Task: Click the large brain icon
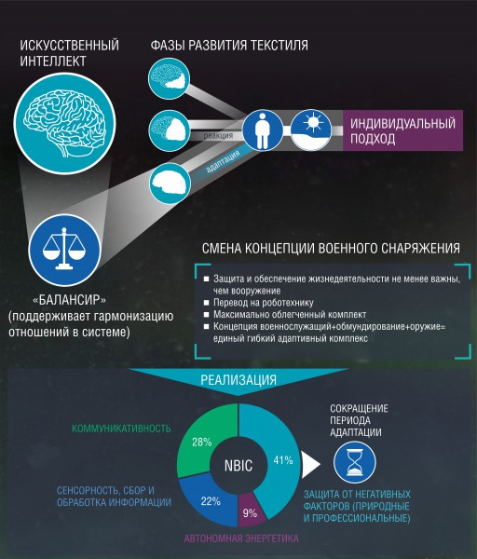64,123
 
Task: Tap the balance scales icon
64,250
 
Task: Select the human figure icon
263,130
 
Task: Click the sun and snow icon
311,130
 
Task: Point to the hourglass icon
355,462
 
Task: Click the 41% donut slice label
283,460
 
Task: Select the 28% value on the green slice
202,443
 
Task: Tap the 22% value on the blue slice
211,501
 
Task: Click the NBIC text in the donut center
238,466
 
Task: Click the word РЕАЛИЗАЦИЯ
238,380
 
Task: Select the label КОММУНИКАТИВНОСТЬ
121,429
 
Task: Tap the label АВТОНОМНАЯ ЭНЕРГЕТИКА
241,539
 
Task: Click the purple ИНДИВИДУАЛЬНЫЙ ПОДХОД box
402,130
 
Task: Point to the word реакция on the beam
218,135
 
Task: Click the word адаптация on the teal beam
223,161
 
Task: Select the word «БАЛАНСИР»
69,300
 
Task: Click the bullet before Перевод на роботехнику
206,303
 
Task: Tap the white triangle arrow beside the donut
310,465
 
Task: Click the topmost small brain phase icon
169,78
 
